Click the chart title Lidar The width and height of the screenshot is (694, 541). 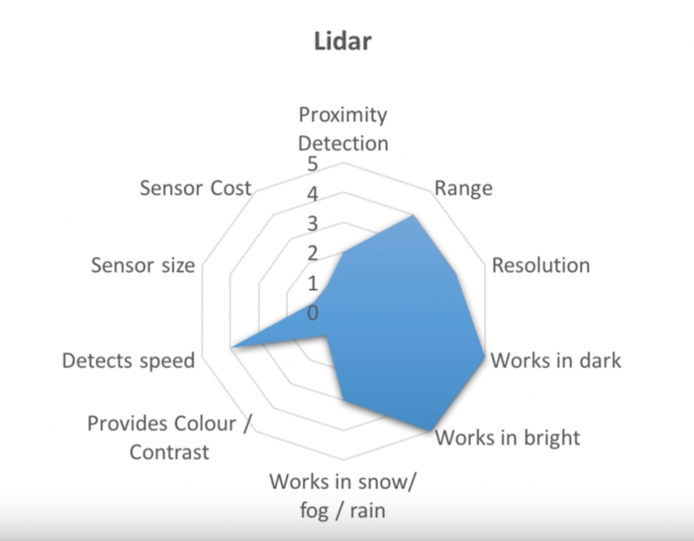[342, 41]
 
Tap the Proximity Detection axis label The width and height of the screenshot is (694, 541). [343, 129]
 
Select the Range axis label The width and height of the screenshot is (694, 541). [464, 188]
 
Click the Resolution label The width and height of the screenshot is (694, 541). [541, 265]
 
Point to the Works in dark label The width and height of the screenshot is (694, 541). [556, 361]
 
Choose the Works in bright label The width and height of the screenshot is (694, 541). [508, 437]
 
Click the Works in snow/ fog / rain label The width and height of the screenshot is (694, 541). [343, 496]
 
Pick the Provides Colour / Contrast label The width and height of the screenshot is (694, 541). [169, 437]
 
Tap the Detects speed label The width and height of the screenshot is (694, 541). [128, 361]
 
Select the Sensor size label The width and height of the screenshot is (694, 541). [143, 265]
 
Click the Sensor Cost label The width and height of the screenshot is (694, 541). [196, 188]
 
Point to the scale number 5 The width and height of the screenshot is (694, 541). [312, 164]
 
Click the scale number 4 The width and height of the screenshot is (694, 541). [312, 194]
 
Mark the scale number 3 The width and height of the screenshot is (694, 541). [312, 224]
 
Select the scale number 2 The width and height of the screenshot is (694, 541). [312, 254]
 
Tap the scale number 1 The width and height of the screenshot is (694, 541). [313, 283]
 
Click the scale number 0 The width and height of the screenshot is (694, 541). [312, 313]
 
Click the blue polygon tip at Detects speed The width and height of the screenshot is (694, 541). [230, 348]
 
